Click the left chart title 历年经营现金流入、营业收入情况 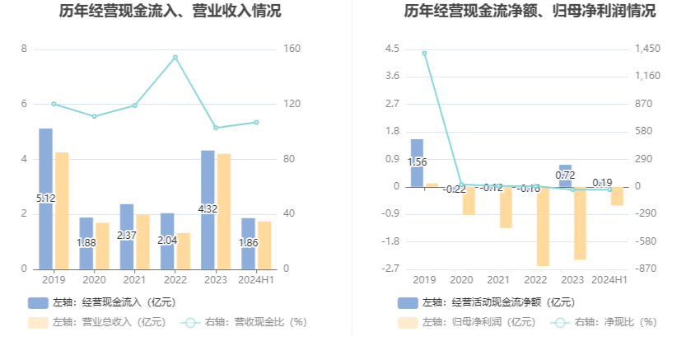pyautogui.click(x=170, y=12)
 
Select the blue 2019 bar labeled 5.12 pyautogui.click(x=46, y=199)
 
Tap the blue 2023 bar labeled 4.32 pyautogui.click(x=208, y=209)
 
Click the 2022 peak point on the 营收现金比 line pyautogui.click(x=175, y=58)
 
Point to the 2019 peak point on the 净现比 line pyautogui.click(x=424, y=54)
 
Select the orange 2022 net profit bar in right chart pyautogui.click(x=543, y=226)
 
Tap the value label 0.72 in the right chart pyautogui.click(x=565, y=175)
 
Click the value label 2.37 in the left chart pyautogui.click(x=127, y=235)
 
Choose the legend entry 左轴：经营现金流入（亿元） pyautogui.click(x=101, y=302)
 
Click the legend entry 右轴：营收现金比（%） pyautogui.click(x=245, y=322)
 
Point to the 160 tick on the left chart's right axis pyautogui.click(x=292, y=49)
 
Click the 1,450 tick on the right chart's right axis pyautogui.click(x=648, y=49)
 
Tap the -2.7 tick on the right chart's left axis pyautogui.click(x=391, y=269)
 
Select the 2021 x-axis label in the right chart pyautogui.click(x=498, y=280)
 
